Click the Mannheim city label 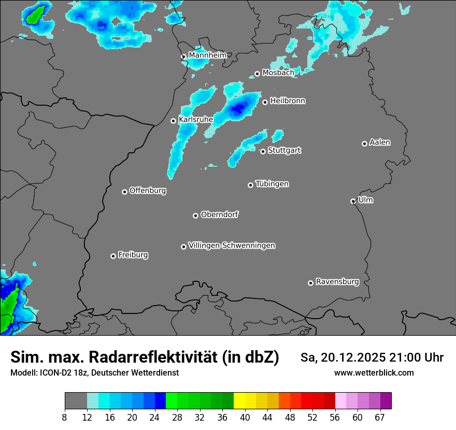(207, 55)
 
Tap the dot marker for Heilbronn (265, 102)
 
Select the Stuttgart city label (284, 150)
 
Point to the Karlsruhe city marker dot (174, 121)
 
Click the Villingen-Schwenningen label (232, 246)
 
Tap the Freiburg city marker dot (113, 256)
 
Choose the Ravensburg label (337, 282)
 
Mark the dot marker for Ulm (353, 201)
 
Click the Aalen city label (380, 142)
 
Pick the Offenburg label (148, 191)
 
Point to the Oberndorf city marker (195, 216)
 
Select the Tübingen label (272, 184)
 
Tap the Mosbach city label (278, 73)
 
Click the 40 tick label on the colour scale (245, 417)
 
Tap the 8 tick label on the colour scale (64, 417)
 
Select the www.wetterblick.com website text (374, 373)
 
